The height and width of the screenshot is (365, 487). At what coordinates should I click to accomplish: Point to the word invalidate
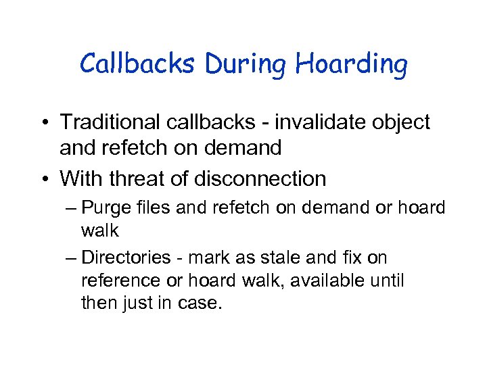pos(315,122)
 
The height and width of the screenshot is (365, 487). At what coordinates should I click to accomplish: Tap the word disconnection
pos(260,179)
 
